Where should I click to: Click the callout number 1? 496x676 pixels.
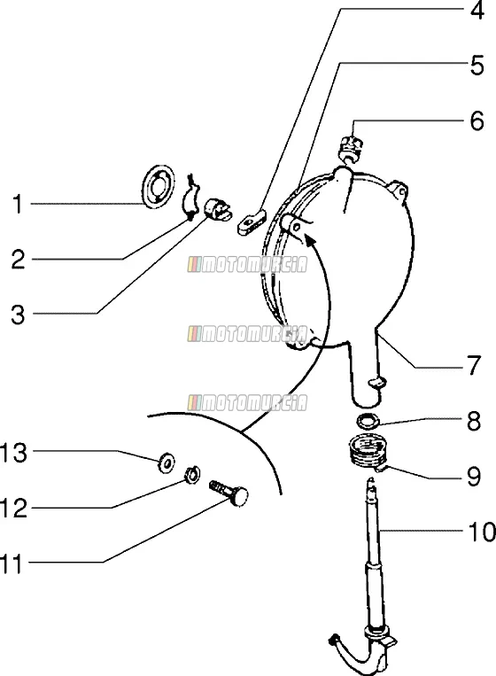click(x=17, y=204)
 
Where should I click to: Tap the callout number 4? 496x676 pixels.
click(x=477, y=11)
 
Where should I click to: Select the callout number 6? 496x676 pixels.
click(x=477, y=120)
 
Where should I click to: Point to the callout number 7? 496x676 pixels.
click(x=474, y=365)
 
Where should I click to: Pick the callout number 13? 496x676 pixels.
click(x=13, y=453)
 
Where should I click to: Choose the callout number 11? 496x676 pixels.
click(x=12, y=563)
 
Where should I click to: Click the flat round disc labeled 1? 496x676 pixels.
click(x=159, y=187)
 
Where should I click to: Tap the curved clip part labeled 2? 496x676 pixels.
click(x=191, y=196)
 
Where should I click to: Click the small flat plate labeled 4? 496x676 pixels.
click(x=252, y=221)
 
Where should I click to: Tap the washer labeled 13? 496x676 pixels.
click(x=166, y=462)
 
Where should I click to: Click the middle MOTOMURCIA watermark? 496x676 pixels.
click(x=247, y=334)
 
